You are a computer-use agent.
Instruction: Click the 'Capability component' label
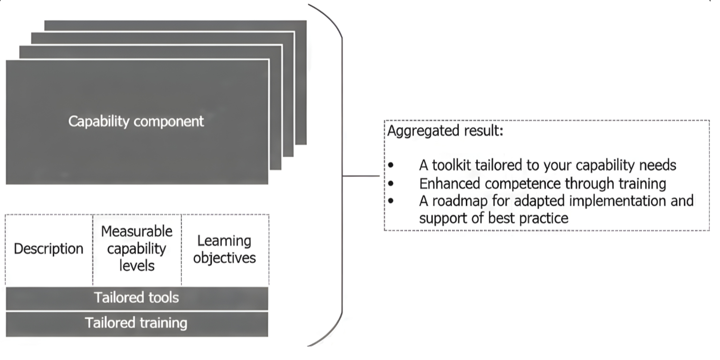(136, 121)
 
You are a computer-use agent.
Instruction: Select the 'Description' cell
(48, 249)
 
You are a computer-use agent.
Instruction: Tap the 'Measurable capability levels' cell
(136, 248)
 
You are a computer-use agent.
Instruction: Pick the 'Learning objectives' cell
(225, 249)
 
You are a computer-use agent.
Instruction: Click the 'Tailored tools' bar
(136, 298)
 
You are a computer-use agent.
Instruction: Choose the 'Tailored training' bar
(136, 323)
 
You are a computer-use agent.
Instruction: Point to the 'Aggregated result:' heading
(445, 131)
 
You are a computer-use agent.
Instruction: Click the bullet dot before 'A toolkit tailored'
(391, 166)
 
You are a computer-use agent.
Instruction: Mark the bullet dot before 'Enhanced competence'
(391, 183)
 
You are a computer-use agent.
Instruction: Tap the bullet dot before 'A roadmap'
(391, 201)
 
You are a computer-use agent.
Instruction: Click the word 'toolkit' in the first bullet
(452, 165)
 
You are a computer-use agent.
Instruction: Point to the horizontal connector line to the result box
(361, 176)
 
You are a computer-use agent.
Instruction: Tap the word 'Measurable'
(137, 231)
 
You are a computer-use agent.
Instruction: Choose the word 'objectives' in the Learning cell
(225, 258)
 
